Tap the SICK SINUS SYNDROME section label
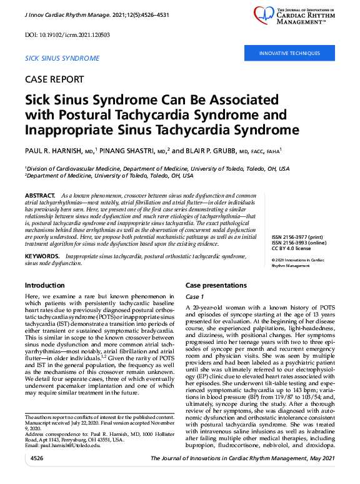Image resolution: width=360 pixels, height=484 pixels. pos(61,58)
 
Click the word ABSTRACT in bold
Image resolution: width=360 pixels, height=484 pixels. pos(41,196)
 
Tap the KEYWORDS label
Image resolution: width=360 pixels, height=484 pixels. pos(42,257)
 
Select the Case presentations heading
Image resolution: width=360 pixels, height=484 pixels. pos(216,285)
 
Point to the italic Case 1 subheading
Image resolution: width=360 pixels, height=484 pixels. pos(195,296)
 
